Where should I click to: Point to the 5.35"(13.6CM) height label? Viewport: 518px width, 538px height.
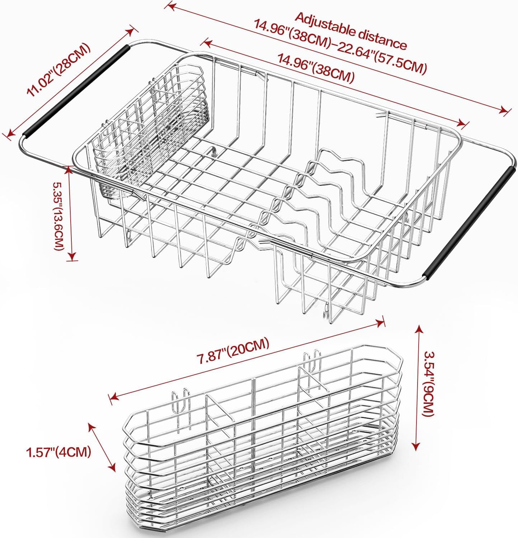[x=58, y=216]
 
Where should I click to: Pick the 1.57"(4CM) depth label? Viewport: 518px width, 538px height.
[x=58, y=452]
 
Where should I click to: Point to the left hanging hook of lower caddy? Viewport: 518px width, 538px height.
[x=180, y=401]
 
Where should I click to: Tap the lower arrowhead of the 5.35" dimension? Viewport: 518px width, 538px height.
[x=72, y=257]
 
